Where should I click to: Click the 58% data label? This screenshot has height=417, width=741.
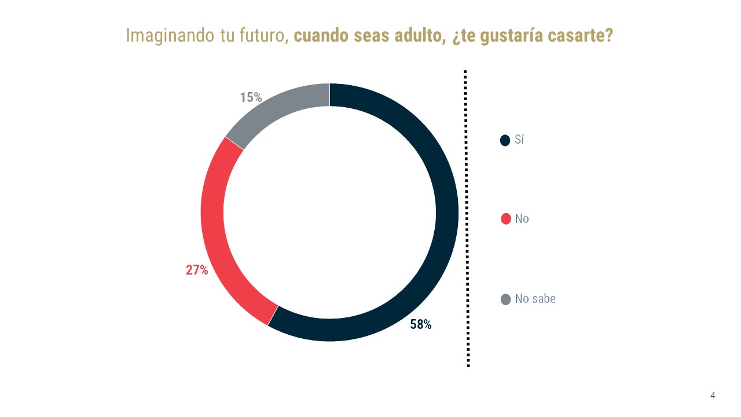(x=421, y=324)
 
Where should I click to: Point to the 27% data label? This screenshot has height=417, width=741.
(x=197, y=270)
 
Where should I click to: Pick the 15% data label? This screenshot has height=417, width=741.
(x=251, y=97)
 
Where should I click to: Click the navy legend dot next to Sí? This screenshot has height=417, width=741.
(x=505, y=140)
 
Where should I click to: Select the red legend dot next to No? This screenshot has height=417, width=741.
(x=505, y=219)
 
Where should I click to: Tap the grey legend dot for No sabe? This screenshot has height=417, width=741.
(x=505, y=299)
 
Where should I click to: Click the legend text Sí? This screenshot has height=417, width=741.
(x=519, y=140)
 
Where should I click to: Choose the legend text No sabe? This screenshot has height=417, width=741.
(x=535, y=299)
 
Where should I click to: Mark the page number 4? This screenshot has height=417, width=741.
(x=713, y=396)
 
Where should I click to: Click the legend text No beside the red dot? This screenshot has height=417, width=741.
(x=522, y=219)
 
